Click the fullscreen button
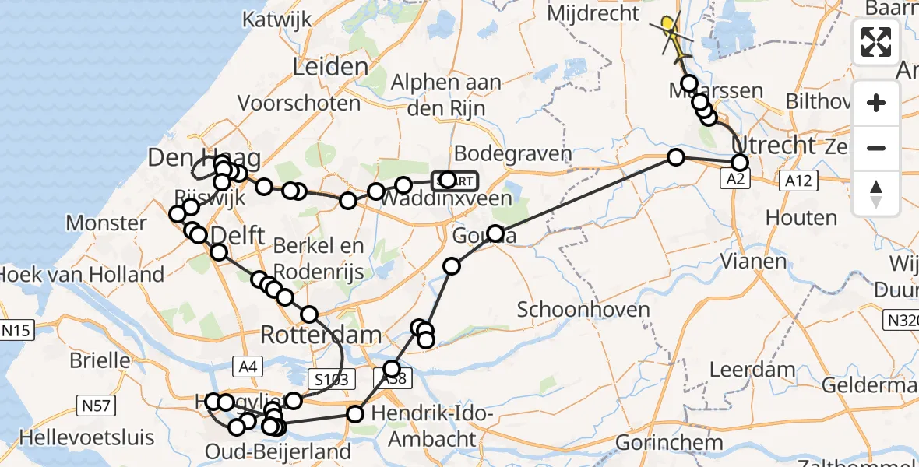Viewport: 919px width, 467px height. pos(876,42)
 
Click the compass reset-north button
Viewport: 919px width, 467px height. pos(876,194)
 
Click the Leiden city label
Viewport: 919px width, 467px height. pos(329,67)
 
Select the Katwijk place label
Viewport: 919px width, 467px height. pos(277,19)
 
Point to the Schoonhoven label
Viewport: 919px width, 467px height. pos(583,309)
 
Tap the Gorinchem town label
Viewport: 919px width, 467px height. pos(668,443)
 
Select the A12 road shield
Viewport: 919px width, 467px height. pos(794,181)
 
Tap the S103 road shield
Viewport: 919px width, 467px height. pos(331,379)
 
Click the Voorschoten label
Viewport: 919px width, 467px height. pos(299,103)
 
